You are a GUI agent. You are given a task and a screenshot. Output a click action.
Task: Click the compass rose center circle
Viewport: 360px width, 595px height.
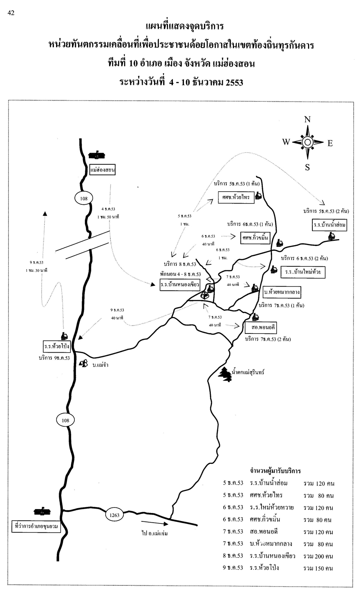point(307,142)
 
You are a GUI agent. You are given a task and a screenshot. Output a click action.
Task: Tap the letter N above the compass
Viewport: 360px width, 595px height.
point(307,120)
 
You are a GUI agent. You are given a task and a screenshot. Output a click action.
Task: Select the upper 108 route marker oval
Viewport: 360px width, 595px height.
point(84,198)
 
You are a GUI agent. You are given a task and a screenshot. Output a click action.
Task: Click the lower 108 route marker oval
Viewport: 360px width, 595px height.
point(65,420)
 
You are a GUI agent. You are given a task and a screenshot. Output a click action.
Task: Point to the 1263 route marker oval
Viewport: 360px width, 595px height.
point(114,515)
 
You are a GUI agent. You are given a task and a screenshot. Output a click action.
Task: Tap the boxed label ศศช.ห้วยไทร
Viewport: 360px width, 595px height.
point(236,197)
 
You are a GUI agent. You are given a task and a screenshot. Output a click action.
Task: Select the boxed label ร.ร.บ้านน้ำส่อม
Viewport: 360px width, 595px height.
point(330,225)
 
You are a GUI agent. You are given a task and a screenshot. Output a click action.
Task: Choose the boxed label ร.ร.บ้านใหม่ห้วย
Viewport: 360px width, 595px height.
point(303,272)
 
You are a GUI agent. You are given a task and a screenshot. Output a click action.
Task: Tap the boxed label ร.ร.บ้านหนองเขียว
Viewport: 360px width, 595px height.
point(180,285)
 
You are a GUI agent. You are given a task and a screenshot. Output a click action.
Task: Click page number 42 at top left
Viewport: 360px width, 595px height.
point(11,13)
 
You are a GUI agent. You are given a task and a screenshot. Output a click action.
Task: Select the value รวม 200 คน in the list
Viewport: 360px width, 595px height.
point(318,556)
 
